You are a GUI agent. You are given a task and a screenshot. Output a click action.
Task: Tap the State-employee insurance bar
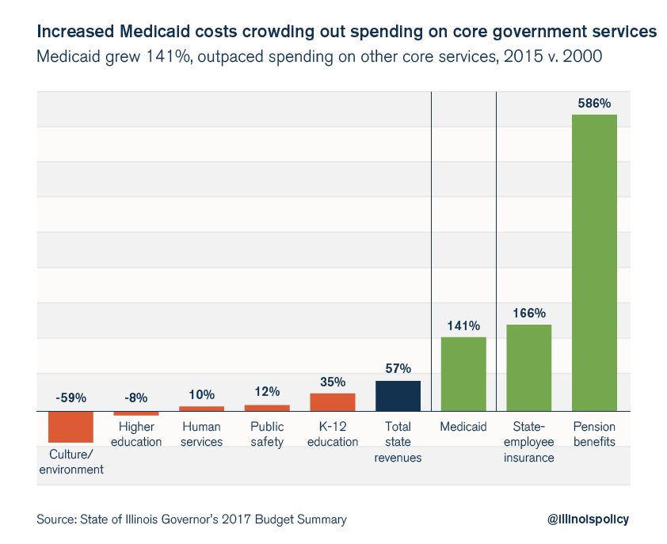tap(528, 367)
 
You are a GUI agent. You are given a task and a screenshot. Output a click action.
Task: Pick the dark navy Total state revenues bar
tap(398, 396)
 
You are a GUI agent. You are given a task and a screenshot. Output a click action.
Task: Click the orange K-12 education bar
tap(333, 402)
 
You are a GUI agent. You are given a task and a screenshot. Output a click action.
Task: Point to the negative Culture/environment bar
tap(71, 427)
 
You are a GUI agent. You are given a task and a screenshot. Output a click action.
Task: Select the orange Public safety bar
tap(267, 408)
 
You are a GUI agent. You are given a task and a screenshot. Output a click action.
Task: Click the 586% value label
tap(594, 103)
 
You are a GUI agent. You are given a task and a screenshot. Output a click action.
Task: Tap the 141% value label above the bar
tap(463, 325)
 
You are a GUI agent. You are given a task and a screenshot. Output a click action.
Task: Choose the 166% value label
tap(528, 313)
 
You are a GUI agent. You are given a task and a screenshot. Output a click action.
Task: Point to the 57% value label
tap(398, 369)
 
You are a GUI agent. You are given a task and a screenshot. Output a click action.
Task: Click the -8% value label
tap(136, 398)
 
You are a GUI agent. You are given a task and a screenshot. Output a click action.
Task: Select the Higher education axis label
tap(136, 435)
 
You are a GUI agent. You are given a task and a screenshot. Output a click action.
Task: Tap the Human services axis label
tap(201, 435)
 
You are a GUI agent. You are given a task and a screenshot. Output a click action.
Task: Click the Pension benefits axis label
tap(594, 435)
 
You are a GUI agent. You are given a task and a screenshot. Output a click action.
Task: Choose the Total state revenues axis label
tap(398, 442)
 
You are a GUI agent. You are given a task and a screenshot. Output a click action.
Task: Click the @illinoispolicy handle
tap(588, 519)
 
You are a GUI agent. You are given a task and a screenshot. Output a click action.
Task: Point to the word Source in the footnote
tap(55, 519)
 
